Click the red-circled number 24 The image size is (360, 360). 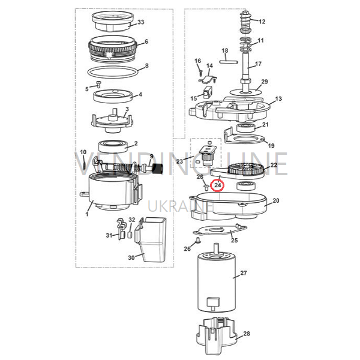217,185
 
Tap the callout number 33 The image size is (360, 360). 141,22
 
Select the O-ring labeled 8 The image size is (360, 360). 113,73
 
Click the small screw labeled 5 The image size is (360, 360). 98,84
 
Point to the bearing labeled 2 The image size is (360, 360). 113,146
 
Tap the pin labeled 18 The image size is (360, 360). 227,62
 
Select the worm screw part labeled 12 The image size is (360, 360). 245,22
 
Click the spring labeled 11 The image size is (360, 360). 246,44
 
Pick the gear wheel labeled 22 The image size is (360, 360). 246,169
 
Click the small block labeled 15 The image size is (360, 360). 208,92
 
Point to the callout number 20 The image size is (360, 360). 276,200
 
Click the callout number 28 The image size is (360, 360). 247,334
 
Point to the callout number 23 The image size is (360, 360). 179,161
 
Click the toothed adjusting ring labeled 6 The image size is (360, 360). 113,49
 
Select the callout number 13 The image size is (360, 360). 278,99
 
